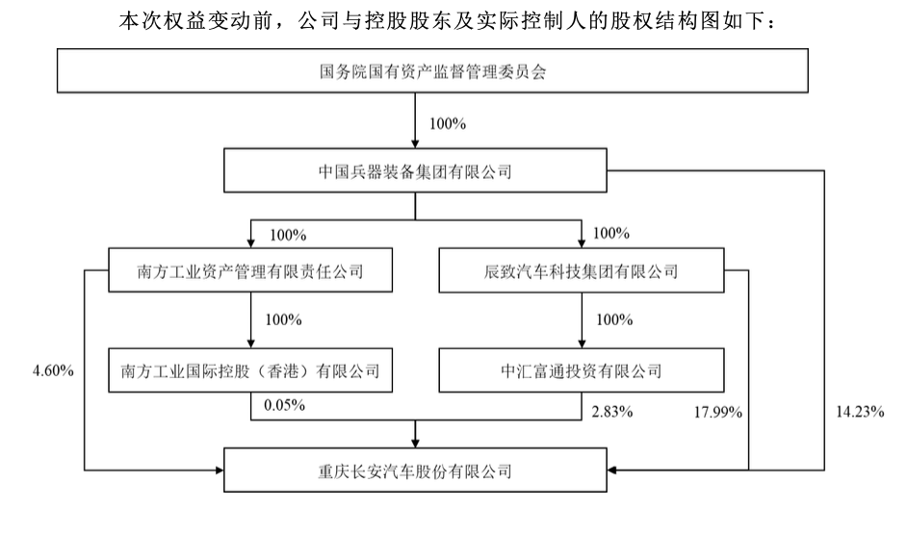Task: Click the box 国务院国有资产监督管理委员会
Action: pyautogui.click(x=432, y=70)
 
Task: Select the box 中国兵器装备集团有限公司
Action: pyautogui.click(x=415, y=170)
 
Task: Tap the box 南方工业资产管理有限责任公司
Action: pyautogui.click(x=250, y=270)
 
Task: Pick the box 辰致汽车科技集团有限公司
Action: pyautogui.click(x=581, y=270)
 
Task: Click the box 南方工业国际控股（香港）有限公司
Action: pyautogui.click(x=250, y=370)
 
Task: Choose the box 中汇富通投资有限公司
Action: pyautogui.click(x=581, y=370)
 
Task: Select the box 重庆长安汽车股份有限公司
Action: pyautogui.click(x=415, y=470)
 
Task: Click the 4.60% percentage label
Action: pyautogui.click(x=53, y=370)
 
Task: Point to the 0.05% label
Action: pyautogui.click(x=285, y=405)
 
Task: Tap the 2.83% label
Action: pyautogui.click(x=612, y=412)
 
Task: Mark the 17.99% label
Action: pyautogui.click(x=718, y=412)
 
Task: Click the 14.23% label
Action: pyautogui.click(x=860, y=412)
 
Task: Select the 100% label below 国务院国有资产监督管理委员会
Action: pyautogui.click(x=448, y=124)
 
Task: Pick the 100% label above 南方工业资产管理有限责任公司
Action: pyautogui.click(x=288, y=236)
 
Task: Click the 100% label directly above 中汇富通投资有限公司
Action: pyautogui.click(x=614, y=319)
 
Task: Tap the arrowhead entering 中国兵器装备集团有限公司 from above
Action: pyautogui.click(x=415, y=144)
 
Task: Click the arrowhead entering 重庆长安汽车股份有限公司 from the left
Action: pyautogui.click(x=220, y=470)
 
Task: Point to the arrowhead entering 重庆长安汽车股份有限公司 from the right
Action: pyautogui.click(x=612, y=470)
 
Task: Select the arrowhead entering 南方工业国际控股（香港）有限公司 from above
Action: pyautogui.click(x=250, y=343)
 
